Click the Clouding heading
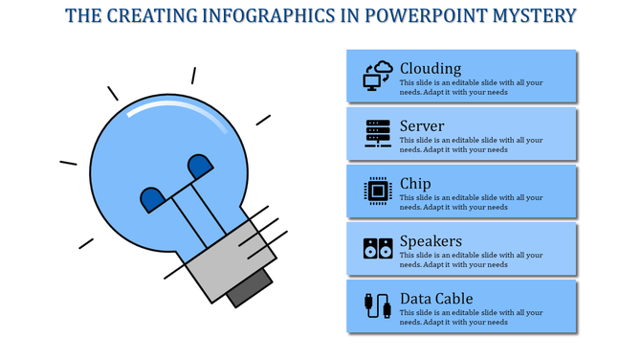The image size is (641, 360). click(x=431, y=68)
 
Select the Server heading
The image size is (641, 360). click(x=422, y=125)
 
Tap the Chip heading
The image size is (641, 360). click(x=415, y=183)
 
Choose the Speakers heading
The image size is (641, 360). click(x=431, y=240)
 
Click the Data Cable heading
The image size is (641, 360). click(x=436, y=298)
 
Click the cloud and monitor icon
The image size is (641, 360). click(x=378, y=76)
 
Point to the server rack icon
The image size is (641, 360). click(x=378, y=133)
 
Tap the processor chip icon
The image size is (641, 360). click(x=378, y=191)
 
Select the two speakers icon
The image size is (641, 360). click(x=378, y=249)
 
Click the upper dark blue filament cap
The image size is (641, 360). click(x=200, y=167)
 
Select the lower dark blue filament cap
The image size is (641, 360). click(x=152, y=199)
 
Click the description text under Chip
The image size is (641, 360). click(x=471, y=202)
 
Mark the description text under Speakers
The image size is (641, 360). click(x=471, y=259)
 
